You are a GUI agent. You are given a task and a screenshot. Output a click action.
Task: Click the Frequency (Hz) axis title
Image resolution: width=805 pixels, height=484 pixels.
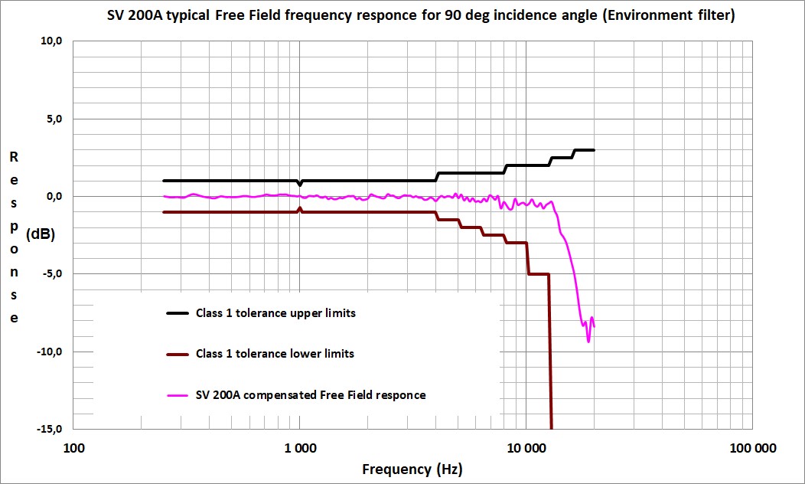(412, 469)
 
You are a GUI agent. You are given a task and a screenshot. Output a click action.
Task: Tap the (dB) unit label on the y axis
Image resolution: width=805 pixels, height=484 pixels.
(40, 235)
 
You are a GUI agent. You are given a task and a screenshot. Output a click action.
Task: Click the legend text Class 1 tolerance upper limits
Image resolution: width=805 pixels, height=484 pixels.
(275, 313)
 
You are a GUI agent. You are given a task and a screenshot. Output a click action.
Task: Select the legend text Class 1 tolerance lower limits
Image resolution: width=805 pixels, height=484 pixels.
(275, 354)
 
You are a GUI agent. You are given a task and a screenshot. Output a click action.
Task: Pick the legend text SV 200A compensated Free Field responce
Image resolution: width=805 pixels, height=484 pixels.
(311, 395)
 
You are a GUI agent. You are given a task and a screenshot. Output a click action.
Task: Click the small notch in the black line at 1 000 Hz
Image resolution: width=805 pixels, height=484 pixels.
(300, 185)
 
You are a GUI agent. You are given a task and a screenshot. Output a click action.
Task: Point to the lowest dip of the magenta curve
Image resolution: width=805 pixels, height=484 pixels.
(588, 341)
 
